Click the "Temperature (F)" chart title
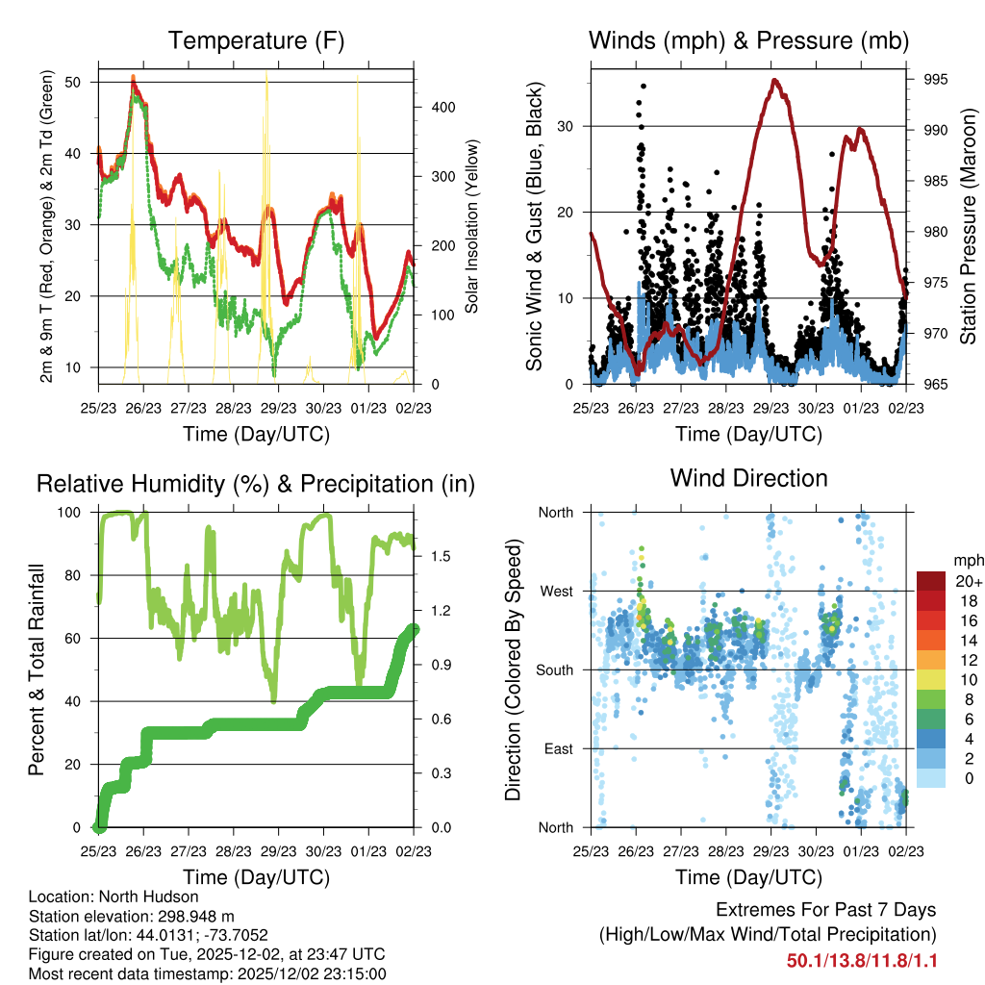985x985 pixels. [x=256, y=40]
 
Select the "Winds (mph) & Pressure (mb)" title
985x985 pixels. [x=748, y=40]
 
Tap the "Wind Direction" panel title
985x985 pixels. [x=748, y=477]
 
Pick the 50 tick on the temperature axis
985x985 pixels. [x=84, y=82]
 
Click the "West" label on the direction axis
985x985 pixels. [x=555, y=591]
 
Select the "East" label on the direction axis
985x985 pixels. [x=557, y=748]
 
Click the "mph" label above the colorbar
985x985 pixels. [x=965, y=560]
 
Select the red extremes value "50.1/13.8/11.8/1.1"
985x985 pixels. [x=862, y=961]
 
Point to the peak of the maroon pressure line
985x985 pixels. [x=775, y=80]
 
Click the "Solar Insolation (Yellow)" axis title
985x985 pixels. [x=472, y=227]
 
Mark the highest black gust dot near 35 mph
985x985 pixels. [x=644, y=86]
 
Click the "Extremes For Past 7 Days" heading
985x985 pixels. [x=825, y=910]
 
